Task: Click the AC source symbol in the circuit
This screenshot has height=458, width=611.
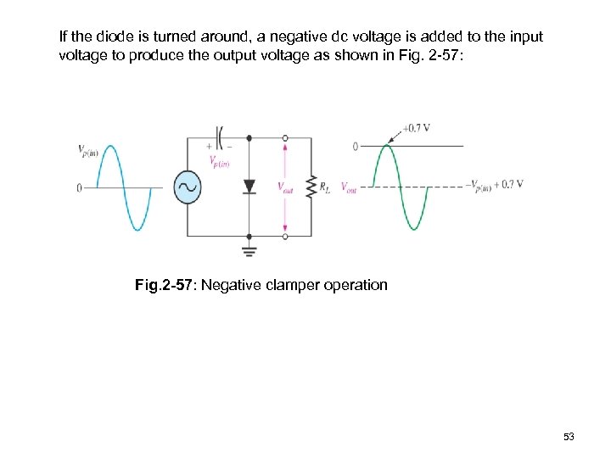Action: point(187,187)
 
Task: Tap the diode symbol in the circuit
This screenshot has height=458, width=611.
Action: point(249,187)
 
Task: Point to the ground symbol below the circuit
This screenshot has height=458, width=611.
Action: point(249,250)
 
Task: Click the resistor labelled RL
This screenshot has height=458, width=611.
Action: point(311,187)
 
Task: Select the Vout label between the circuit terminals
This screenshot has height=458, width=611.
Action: point(286,187)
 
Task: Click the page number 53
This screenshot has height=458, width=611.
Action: point(569,436)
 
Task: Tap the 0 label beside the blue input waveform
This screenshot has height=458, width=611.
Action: point(78,187)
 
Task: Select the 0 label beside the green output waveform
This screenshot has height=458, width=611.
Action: point(355,146)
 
